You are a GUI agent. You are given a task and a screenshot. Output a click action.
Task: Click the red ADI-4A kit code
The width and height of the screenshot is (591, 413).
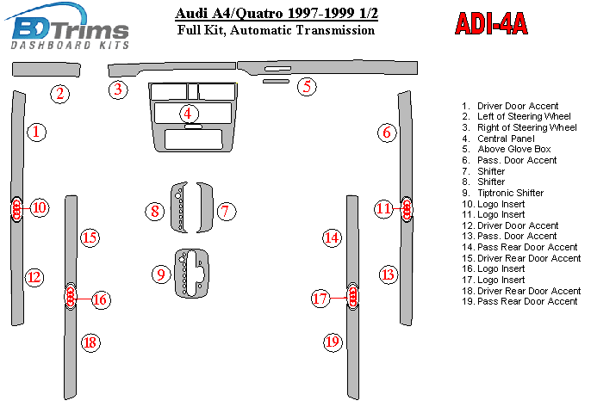tap(491, 24)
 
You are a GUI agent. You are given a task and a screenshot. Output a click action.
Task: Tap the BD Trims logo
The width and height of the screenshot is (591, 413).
tap(68, 27)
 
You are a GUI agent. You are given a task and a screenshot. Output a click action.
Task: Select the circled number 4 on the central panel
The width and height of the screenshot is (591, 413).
tap(188, 114)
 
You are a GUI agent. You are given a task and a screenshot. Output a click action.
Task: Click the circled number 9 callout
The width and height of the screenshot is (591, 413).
tap(161, 274)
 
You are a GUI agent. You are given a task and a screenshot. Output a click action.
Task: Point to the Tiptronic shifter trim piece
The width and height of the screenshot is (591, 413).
tap(192, 274)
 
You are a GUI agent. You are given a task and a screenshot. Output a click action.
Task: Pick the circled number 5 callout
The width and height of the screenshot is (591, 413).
tap(307, 87)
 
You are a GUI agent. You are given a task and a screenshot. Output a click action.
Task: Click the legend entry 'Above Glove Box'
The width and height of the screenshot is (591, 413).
tap(507, 149)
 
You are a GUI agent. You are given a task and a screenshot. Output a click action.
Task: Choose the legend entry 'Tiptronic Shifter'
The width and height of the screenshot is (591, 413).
tap(503, 193)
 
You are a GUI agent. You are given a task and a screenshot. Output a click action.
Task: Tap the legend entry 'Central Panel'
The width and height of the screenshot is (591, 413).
tap(498, 139)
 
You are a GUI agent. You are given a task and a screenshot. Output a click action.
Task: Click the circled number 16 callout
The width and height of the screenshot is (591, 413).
tap(100, 299)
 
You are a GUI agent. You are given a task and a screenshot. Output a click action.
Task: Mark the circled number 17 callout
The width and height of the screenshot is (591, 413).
tap(320, 299)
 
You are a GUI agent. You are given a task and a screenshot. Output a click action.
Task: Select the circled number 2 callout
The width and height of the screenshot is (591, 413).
tap(60, 94)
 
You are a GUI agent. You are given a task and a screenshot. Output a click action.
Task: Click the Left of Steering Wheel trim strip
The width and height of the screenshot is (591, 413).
tap(46, 70)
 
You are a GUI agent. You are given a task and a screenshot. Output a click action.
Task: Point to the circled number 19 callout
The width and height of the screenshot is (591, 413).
tap(333, 342)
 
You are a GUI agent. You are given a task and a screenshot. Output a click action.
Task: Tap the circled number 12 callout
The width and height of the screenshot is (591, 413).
tap(34, 277)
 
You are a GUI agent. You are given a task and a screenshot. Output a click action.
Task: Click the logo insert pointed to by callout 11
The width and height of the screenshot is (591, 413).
tap(407, 209)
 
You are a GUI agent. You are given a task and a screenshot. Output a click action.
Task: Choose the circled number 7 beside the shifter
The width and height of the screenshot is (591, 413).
tap(226, 211)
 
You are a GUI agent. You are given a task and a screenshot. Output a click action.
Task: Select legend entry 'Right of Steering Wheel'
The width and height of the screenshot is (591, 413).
tap(519, 127)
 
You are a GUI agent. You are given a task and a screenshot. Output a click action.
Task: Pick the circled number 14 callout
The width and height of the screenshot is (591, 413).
tap(332, 237)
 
